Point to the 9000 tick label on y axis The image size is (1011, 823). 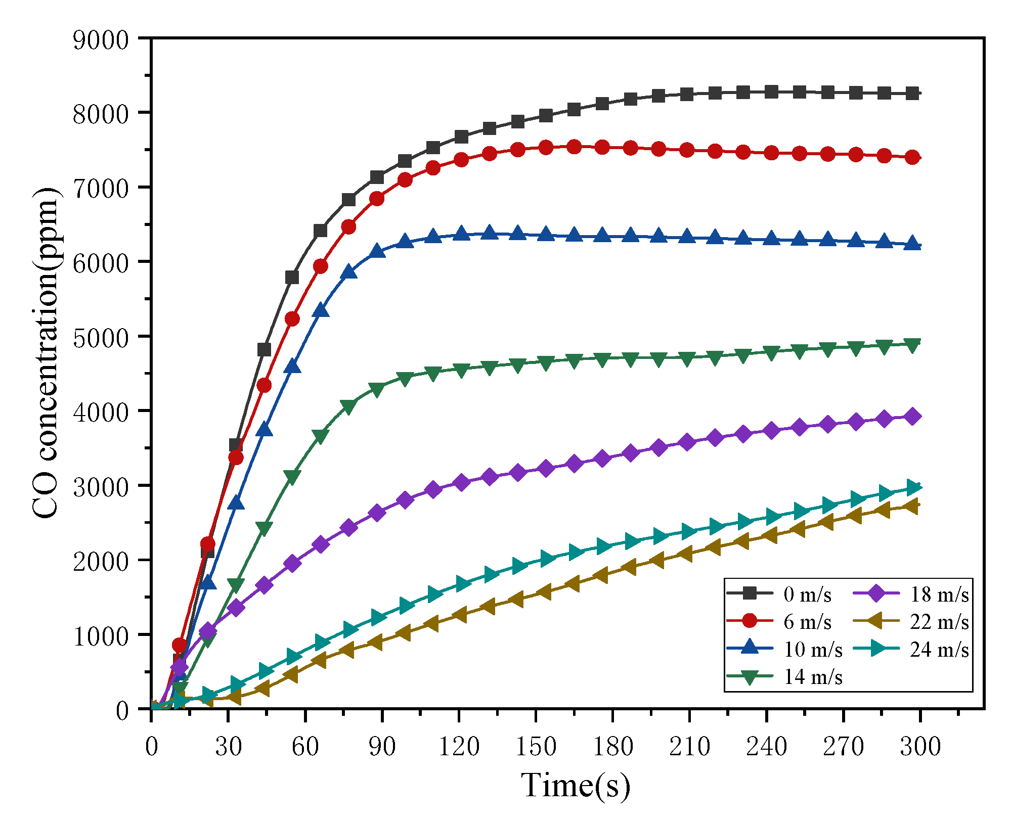point(101,40)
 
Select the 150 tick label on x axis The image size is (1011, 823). point(536,746)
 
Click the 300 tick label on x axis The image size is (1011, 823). point(920,746)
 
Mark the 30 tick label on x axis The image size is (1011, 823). point(228,746)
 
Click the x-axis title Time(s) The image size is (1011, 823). point(576,785)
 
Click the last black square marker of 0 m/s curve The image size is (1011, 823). point(912,94)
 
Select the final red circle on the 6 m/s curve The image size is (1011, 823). point(912,157)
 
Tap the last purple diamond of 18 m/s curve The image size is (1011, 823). point(912,417)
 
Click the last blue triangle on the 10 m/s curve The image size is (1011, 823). point(912,243)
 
